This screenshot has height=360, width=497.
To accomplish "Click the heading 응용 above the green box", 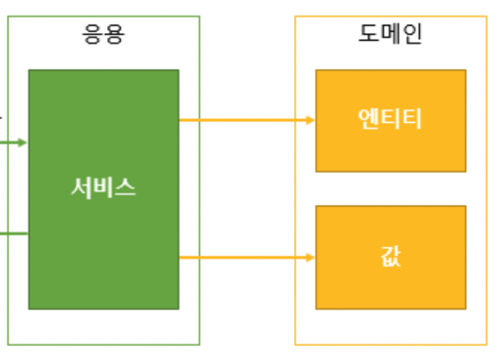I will coord(104,34).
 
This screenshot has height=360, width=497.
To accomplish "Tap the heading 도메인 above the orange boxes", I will coord(391,33).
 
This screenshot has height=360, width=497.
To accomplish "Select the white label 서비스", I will coord(104,188).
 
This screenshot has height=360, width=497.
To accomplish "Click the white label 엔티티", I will coord(391,119).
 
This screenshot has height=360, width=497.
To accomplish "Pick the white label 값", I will coord(391,257).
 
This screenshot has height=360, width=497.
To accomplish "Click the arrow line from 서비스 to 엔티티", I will coord(242,120).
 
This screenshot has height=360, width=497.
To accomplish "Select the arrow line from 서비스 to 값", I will coord(242,258).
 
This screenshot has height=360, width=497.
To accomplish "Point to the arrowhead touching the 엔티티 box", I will coord(311,120).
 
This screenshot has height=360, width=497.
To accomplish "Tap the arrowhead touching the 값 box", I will coord(311,258).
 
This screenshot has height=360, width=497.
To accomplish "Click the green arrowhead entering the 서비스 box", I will coord(23,143).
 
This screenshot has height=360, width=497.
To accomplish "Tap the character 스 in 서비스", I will coord(125,188).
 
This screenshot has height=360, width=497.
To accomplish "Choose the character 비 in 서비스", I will coord(104,188).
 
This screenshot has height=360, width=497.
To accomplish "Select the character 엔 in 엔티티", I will coord(369,119).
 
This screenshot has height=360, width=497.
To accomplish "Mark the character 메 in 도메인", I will coord(391,33).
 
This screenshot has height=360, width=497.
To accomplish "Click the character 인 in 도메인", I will coord(412,33).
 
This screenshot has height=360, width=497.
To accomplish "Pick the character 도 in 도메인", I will coord(369,33).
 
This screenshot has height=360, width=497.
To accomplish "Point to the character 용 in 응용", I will coord(115,34).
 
